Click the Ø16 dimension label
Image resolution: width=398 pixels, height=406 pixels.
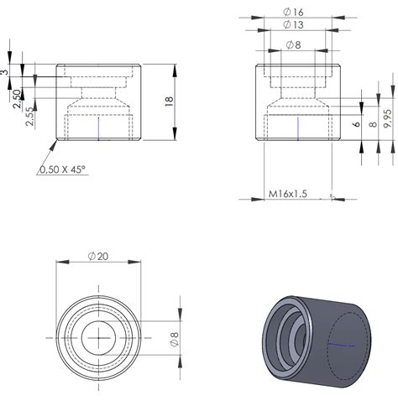[293, 12]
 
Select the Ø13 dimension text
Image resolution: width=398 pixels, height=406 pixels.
[293, 25]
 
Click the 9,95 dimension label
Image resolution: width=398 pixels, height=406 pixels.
[386, 116]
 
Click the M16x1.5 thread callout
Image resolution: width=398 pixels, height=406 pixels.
[288, 194]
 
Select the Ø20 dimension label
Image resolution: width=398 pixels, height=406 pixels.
[97, 256]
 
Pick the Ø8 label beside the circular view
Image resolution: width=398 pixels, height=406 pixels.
[175, 339]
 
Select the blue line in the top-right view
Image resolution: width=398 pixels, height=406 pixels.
[300, 127]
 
